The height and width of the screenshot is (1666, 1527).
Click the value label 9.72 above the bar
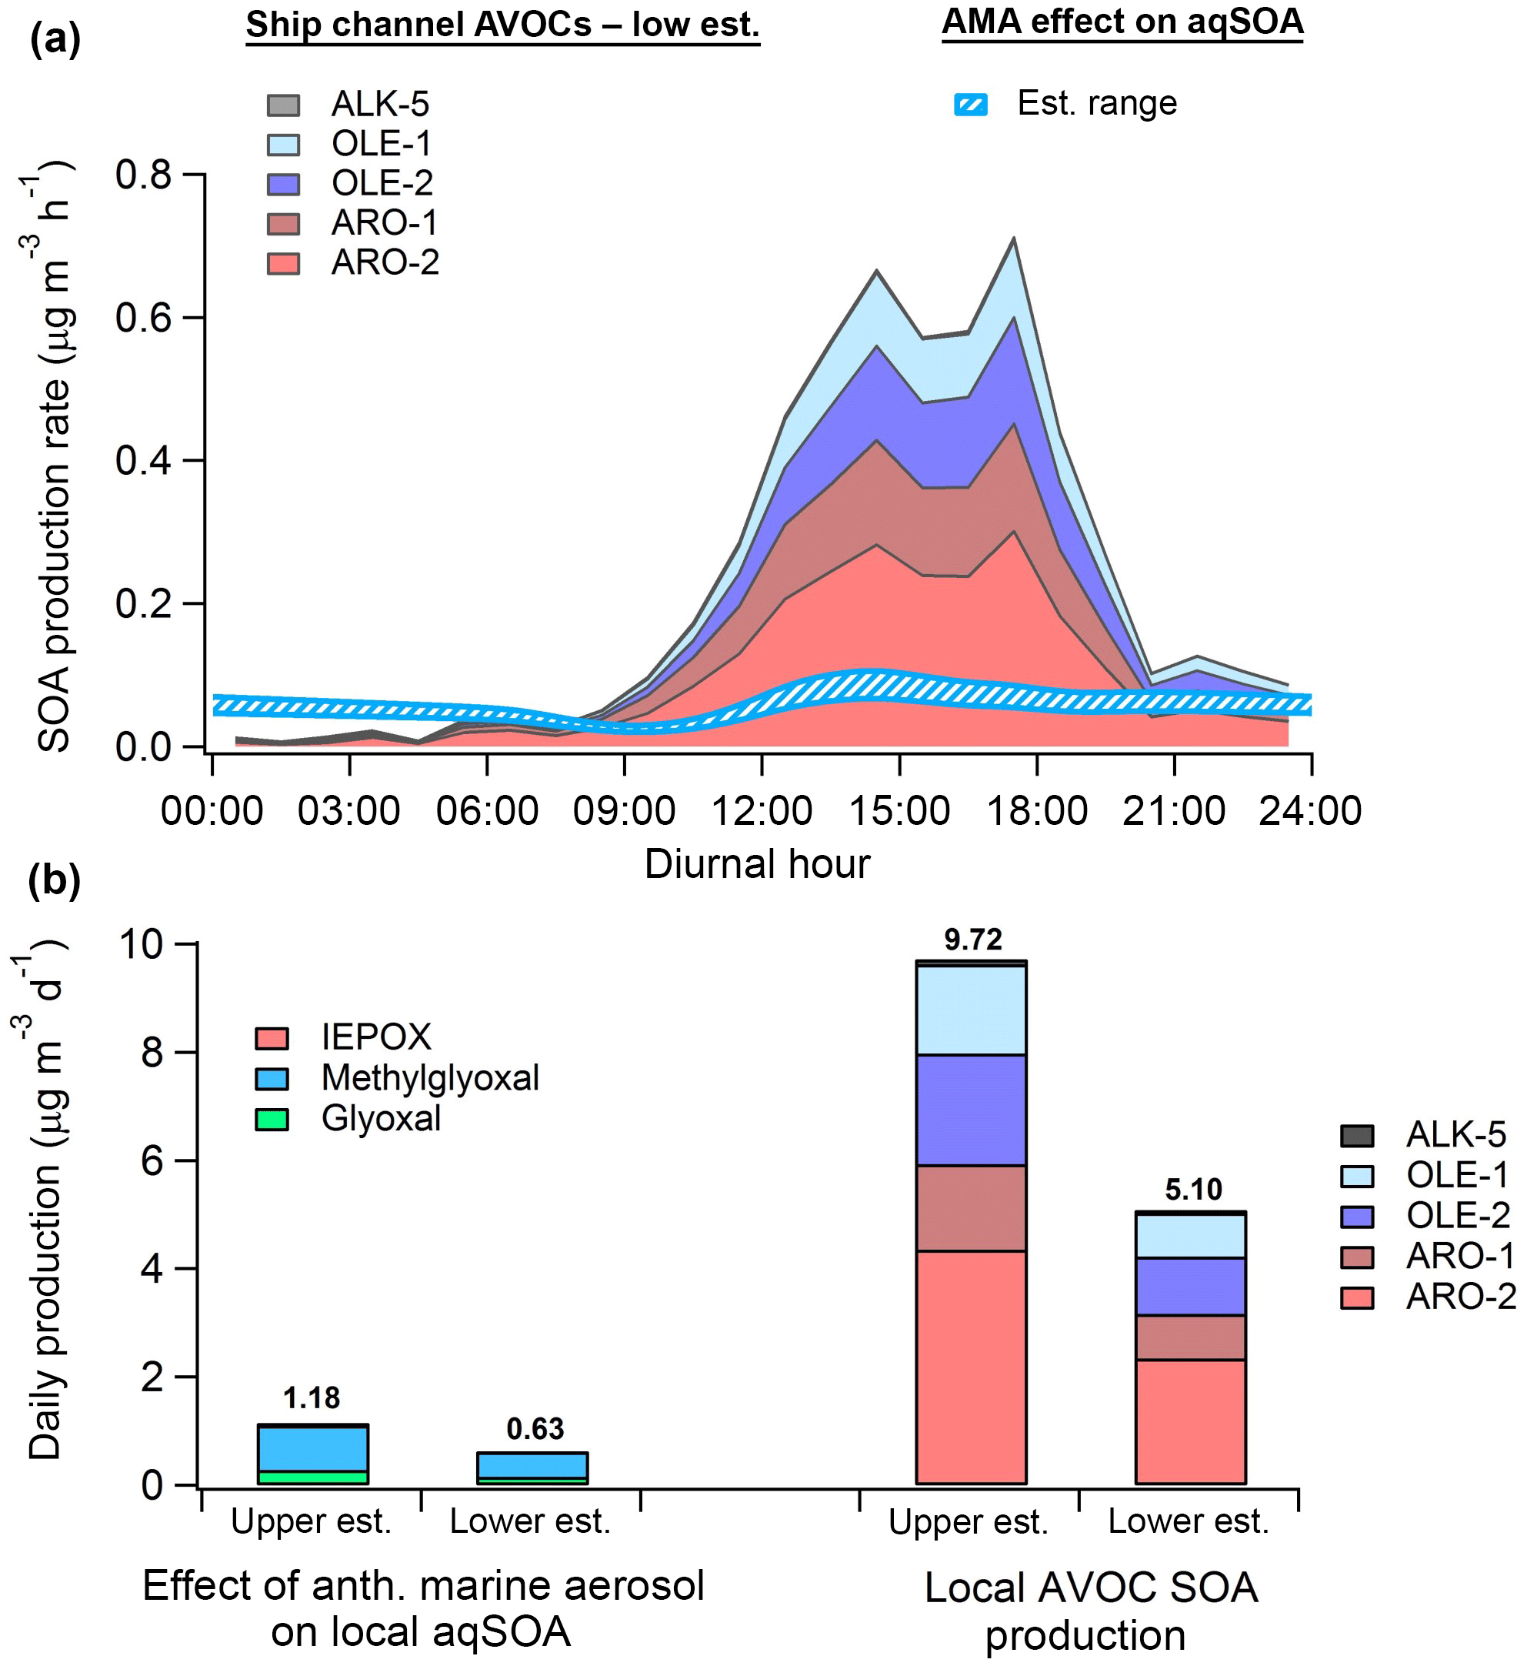[x=972, y=940]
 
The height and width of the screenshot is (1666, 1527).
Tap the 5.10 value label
[x=1192, y=1189]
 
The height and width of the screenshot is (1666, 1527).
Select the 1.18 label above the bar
[x=312, y=1397]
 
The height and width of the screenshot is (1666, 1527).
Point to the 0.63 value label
[x=535, y=1429]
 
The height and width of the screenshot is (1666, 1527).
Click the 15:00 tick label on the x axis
[x=899, y=811]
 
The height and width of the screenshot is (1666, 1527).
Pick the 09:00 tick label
[x=624, y=811]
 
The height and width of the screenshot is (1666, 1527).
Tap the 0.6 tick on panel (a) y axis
[x=144, y=318]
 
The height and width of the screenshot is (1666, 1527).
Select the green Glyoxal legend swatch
[x=272, y=1120]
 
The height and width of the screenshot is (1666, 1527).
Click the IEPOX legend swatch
[x=272, y=1039]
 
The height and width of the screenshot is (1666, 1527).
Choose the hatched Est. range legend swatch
[x=971, y=105]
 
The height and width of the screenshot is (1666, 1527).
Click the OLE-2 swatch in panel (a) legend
[x=283, y=184]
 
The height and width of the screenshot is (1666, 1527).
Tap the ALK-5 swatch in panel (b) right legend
[x=1357, y=1137]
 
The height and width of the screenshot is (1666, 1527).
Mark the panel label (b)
[x=55, y=880]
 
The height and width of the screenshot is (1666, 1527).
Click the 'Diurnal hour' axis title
[x=757, y=864]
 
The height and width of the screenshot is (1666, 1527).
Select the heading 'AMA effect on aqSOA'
[x=1122, y=22]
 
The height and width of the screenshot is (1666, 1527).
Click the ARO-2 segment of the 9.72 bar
[x=971, y=1367]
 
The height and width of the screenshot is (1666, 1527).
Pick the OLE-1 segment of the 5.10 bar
[x=1191, y=1237]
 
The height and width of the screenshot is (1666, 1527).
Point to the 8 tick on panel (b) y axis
[x=152, y=1053]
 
